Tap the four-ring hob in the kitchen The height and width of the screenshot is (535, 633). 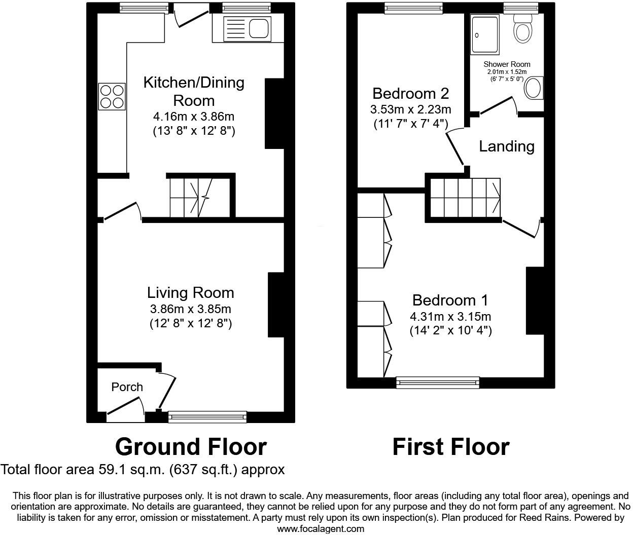click(x=112, y=96)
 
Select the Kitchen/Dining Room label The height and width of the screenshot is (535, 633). click(x=194, y=91)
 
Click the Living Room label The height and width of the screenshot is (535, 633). click(x=191, y=292)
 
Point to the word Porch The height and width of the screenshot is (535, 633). click(x=127, y=387)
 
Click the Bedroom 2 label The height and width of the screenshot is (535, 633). click(x=410, y=94)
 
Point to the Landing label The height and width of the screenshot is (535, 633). click(x=507, y=146)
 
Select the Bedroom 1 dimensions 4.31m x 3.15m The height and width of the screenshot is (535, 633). click(x=450, y=317)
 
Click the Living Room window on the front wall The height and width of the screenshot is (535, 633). click(x=207, y=417)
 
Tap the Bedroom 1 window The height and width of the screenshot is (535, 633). click(x=438, y=383)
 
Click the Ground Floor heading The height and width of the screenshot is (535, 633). click(x=191, y=447)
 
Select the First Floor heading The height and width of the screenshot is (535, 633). click(x=450, y=447)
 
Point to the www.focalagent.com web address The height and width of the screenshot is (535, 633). click(x=321, y=529)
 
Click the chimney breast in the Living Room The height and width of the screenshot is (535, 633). click(x=276, y=304)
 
